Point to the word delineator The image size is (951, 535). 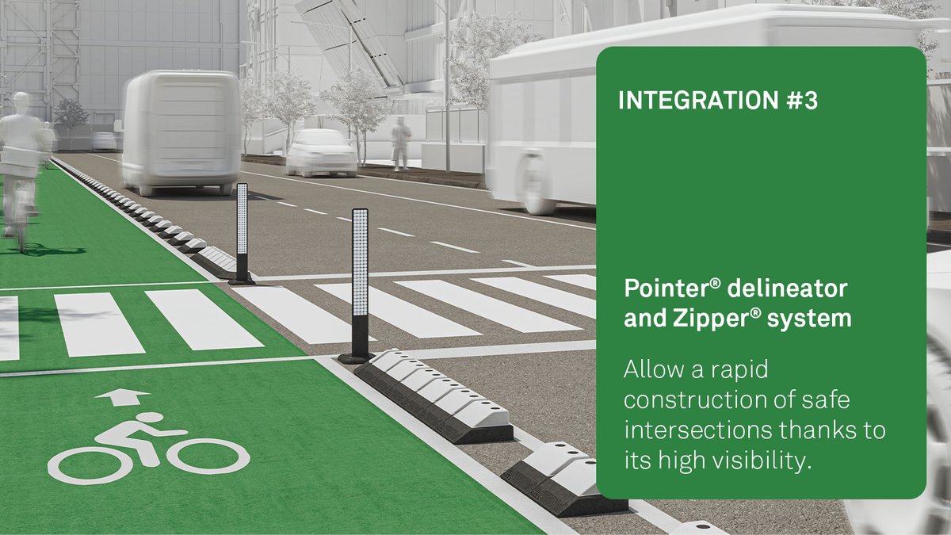pos(776,288)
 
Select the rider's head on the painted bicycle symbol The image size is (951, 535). pos(151,418)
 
